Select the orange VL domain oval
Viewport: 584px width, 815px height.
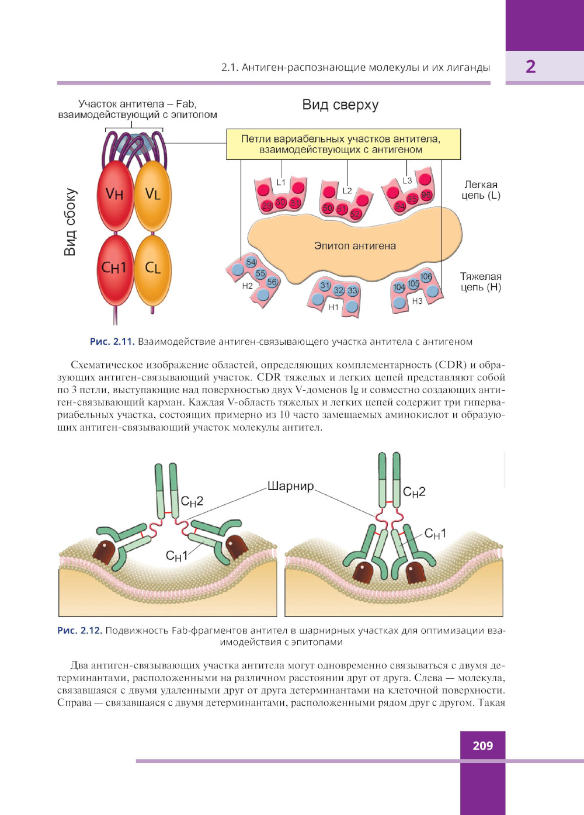pos(153,195)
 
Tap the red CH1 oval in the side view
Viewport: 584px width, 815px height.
pos(115,269)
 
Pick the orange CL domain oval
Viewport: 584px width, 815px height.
pos(153,269)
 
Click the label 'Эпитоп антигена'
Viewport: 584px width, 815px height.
pos(354,246)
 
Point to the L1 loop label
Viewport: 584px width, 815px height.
pos(281,182)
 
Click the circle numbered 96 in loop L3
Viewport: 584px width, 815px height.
pos(426,195)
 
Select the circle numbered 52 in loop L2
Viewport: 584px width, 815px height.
pos(355,214)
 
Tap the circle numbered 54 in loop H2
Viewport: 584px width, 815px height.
pos(251,262)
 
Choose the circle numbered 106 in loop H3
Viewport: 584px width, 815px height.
pos(426,276)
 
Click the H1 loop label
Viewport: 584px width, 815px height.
pos(333,307)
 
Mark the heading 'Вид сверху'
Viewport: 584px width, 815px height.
pos(340,105)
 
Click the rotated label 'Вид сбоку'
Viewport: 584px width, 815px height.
pos(70,222)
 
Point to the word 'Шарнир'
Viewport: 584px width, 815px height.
pos(290,486)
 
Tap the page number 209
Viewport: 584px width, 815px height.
pos(482,745)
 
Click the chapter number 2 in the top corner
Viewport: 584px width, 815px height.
pos(530,67)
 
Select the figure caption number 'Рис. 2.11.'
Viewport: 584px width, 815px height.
pos(112,342)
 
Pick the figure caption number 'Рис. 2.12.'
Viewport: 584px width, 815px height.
pos(79,631)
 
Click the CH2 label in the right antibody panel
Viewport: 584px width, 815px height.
pos(414,492)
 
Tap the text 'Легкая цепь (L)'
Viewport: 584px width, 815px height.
pos(481,190)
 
